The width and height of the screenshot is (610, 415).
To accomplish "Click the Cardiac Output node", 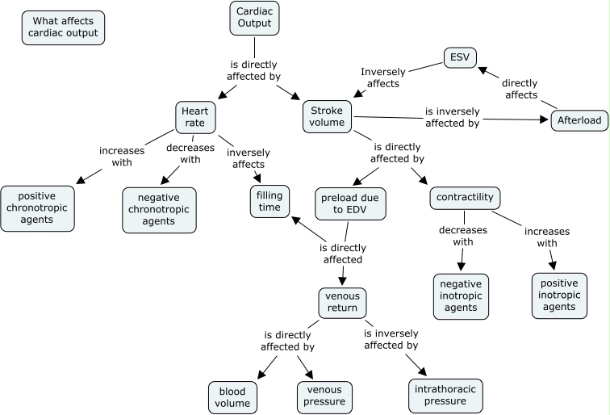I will (x=255, y=18).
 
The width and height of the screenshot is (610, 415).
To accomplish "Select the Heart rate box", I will (x=194, y=117).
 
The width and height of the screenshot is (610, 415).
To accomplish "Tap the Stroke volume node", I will (x=328, y=117).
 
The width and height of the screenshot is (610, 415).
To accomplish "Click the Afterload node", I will (x=579, y=120).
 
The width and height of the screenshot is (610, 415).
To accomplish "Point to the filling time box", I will (x=269, y=201).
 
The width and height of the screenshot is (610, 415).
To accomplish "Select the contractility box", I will (x=465, y=198).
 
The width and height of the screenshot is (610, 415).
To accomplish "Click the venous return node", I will (x=342, y=302).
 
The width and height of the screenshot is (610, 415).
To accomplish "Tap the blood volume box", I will (x=232, y=396).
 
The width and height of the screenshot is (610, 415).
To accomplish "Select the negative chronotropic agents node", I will (x=159, y=210).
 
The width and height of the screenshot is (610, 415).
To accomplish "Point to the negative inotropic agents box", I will (x=462, y=296).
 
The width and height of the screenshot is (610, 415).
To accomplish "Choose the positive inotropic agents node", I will (x=559, y=295).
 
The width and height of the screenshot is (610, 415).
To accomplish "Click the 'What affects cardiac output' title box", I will (x=64, y=27).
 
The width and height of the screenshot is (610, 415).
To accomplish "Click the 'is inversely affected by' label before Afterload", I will (x=453, y=117).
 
